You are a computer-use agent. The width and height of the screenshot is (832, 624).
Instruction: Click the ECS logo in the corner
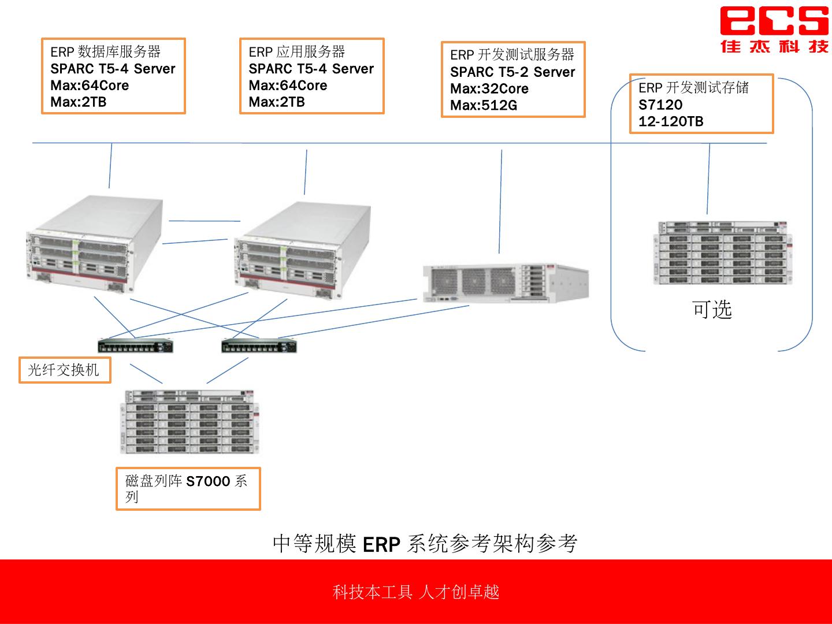pyautogui.click(x=774, y=29)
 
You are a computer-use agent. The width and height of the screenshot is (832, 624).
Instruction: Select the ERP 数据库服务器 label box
pyautogui.click(x=113, y=76)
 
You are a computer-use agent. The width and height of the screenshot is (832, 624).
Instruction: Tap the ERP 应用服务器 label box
pyautogui.click(x=311, y=76)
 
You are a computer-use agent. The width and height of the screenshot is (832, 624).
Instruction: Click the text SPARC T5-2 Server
pyautogui.click(x=512, y=72)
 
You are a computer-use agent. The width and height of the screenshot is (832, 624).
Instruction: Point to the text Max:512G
pyautogui.click(x=484, y=106)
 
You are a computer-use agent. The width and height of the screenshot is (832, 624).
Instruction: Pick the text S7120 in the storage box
pyautogui.click(x=660, y=105)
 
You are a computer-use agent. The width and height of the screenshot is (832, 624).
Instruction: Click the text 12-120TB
pyautogui.click(x=671, y=122)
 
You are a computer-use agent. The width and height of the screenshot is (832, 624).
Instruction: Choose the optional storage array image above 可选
pyautogui.click(x=719, y=252)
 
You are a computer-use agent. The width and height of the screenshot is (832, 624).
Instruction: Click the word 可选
pyautogui.click(x=712, y=310)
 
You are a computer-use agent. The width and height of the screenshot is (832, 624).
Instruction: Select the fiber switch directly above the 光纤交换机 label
pyautogui.click(x=136, y=346)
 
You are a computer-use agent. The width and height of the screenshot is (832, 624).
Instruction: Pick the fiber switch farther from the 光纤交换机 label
pyautogui.click(x=259, y=346)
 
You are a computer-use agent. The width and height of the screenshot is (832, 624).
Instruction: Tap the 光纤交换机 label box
pyautogui.click(x=64, y=370)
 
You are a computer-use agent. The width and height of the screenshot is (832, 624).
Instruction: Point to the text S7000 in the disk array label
pyautogui.click(x=208, y=481)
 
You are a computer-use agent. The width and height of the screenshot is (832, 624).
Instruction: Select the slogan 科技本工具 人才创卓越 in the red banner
pyautogui.click(x=415, y=592)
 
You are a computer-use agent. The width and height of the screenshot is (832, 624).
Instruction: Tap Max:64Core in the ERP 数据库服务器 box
pyautogui.click(x=90, y=86)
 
